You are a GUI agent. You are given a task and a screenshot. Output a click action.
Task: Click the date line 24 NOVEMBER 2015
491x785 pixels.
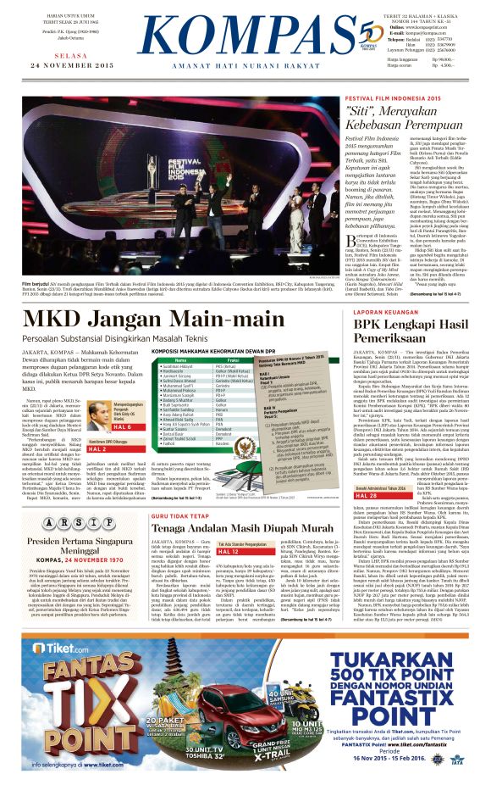pyautogui.click(x=66, y=64)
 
